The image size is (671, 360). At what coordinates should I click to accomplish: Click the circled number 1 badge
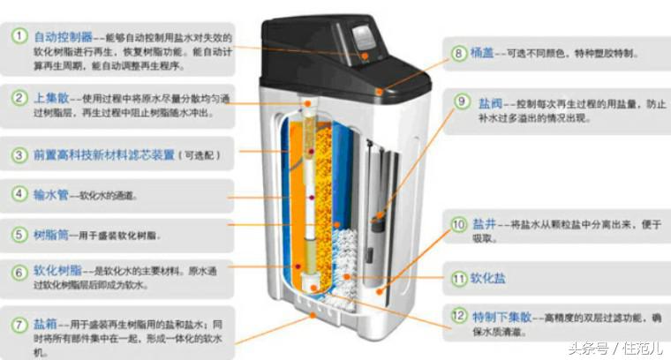[x=17, y=37]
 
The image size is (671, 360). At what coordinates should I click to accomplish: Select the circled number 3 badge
[x=17, y=155]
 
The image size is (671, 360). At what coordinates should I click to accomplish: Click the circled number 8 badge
[x=458, y=53]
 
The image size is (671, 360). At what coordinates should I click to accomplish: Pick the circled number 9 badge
[x=462, y=101]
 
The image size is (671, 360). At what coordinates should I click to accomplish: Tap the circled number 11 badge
[x=458, y=279]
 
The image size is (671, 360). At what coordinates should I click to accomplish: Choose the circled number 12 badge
[x=458, y=316]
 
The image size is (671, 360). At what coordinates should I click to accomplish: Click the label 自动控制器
[x=63, y=37]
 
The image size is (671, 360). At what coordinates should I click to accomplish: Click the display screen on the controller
[x=364, y=39]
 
